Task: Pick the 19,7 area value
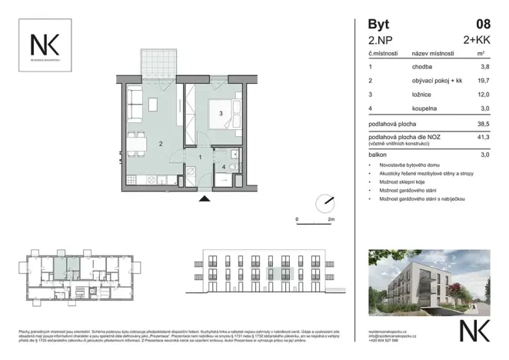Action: [483, 79]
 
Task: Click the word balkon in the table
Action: [377, 155]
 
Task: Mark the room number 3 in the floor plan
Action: [221, 114]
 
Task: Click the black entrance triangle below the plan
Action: [204, 198]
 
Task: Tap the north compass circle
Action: [325, 202]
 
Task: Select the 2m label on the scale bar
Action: [331, 219]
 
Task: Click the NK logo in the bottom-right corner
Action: [473, 330]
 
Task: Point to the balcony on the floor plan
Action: [157, 65]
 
